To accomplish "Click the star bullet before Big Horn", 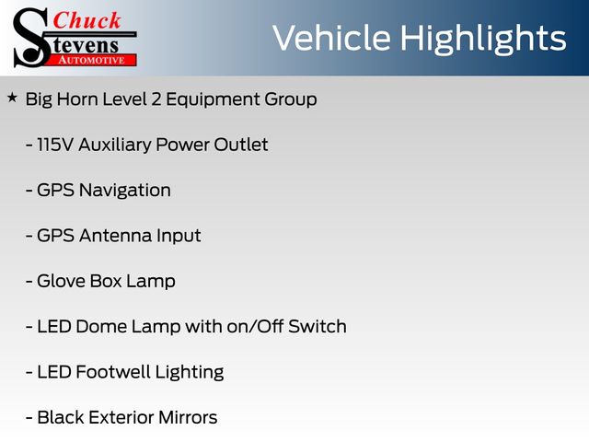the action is pyautogui.click(x=12, y=99).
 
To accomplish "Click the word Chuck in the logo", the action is pyautogui.click(x=87, y=20).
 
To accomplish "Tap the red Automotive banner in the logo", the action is pyautogui.click(x=92, y=61).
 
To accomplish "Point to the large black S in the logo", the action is pyautogui.click(x=31, y=38).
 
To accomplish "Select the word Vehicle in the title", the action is pyautogui.click(x=331, y=38).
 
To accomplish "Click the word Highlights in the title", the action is pyautogui.click(x=482, y=39).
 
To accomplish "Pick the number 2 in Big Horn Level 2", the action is pyautogui.click(x=156, y=99).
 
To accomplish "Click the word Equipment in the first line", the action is pyautogui.click(x=213, y=100).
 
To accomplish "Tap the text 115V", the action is pyautogui.click(x=55, y=145).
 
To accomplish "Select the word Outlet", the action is pyautogui.click(x=241, y=145).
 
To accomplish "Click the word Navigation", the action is pyautogui.click(x=125, y=191).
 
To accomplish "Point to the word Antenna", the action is pyautogui.click(x=115, y=236).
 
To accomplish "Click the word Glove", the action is pyautogui.click(x=61, y=281).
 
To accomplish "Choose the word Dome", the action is pyautogui.click(x=100, y=327).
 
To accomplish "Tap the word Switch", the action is pyautogui.click(x=317, y=327).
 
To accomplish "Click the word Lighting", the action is pyautogui.click(x=190, y=373).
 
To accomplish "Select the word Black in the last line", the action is pyautogui.click(x=61, y=417).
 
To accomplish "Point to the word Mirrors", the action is pyautogui.click(x=188, y=417).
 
